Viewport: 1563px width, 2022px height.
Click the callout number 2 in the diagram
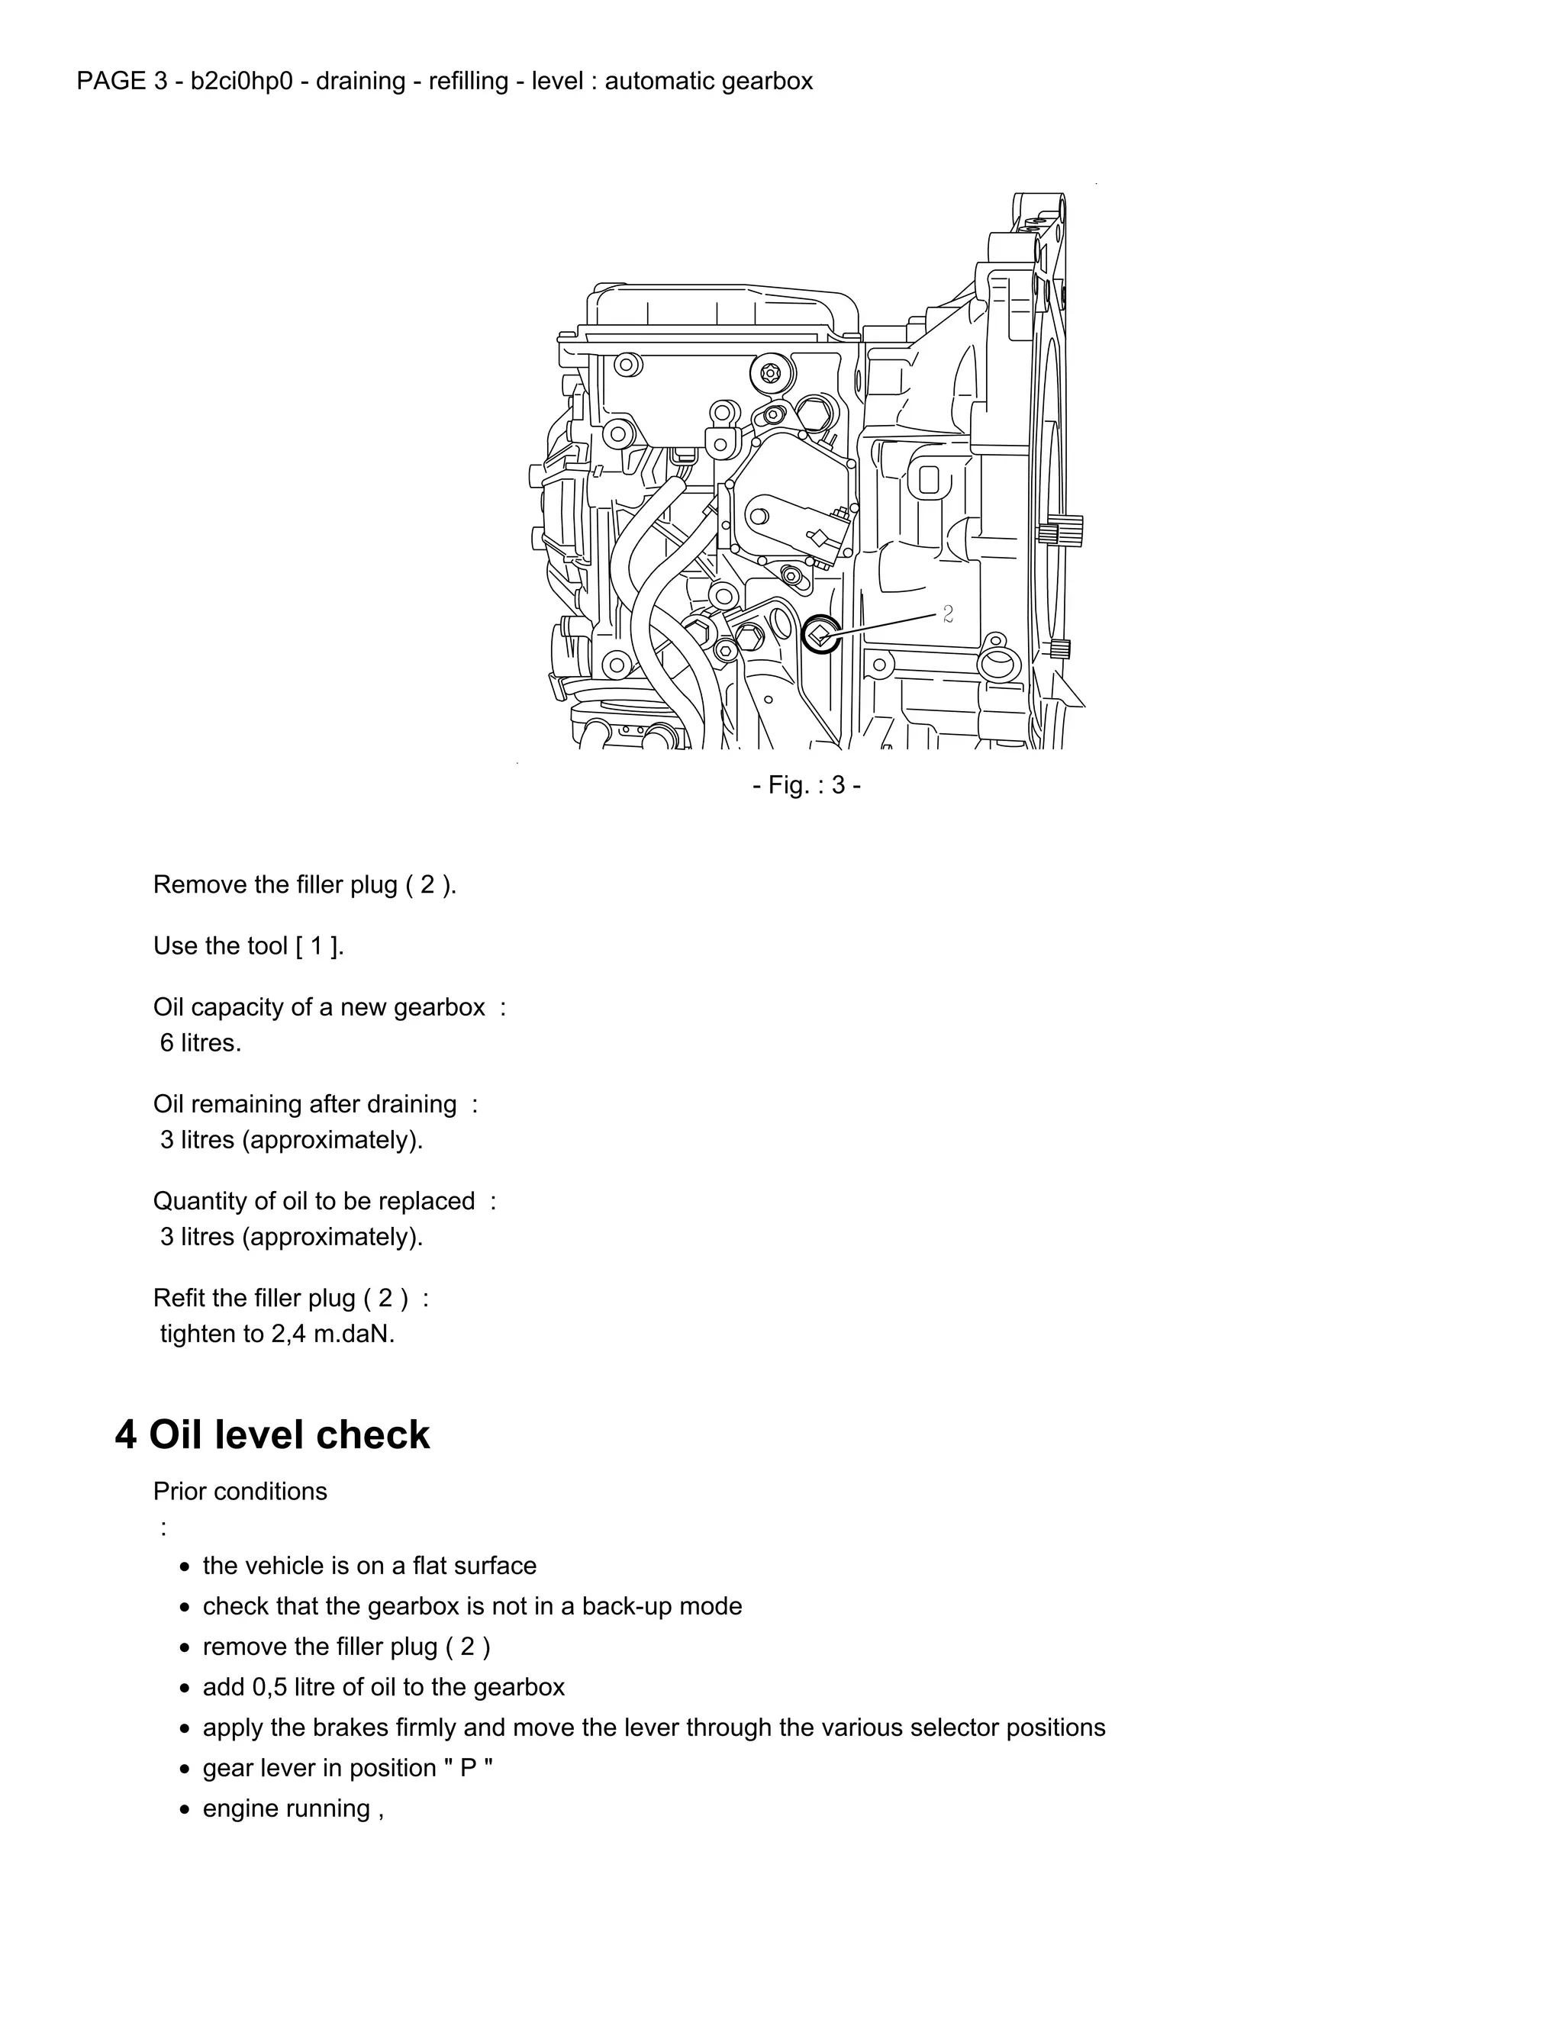947,613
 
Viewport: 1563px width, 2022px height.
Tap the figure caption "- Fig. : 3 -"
807,785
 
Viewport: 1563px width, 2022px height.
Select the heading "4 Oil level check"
272,1435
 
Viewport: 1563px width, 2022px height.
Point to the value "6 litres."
200,1042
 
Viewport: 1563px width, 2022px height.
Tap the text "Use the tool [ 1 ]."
248,945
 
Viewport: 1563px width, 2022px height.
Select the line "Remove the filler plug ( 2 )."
305,884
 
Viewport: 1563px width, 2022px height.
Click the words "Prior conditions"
240,1492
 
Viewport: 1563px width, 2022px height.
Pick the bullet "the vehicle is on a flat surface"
369,1566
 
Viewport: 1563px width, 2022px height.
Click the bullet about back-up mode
472,1605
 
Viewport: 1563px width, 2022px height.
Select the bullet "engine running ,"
292,1808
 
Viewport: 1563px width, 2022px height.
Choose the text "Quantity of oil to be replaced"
314,1201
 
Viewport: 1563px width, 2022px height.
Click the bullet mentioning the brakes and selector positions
654,1727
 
